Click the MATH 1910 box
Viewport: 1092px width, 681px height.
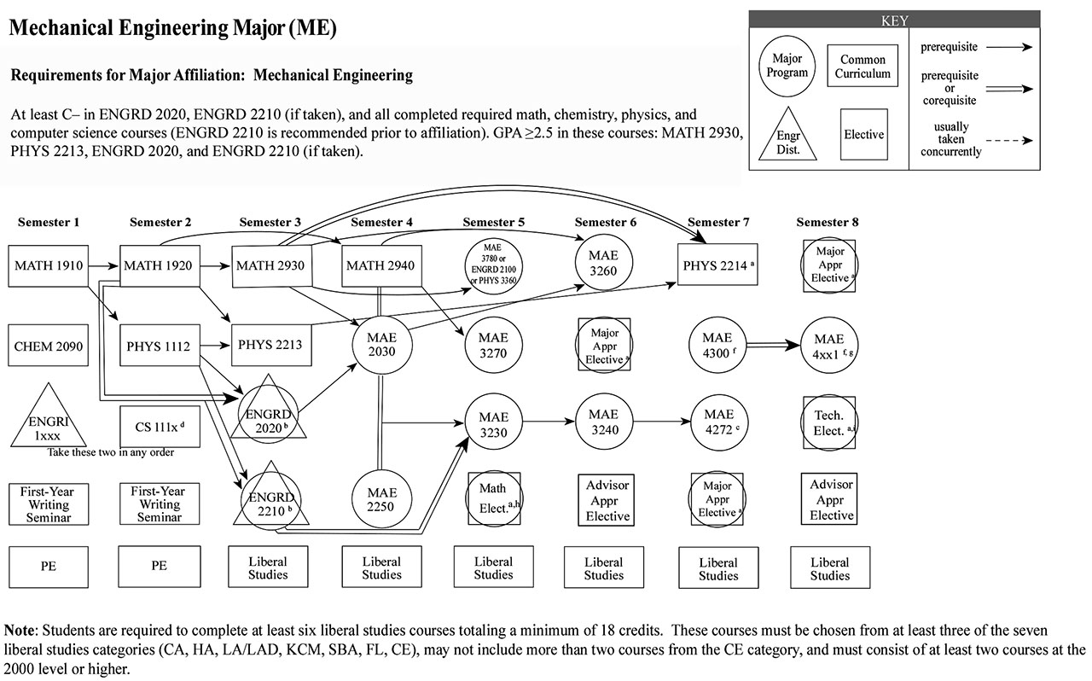tap(49, 265)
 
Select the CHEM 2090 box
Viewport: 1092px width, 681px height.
tap(49, 346)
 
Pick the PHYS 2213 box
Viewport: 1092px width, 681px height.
tap(269, 346)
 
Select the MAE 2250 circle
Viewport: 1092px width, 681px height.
tap(381, 499)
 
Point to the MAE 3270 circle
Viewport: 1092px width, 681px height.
tap(493, 346)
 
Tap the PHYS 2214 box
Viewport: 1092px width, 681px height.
tap(717, 265)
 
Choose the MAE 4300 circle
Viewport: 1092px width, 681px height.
tap(717, 345)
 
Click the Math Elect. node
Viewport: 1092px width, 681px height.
tap(494, 499)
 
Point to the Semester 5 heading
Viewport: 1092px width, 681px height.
tap(493, 223)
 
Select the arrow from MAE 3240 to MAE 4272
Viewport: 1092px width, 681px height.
tap(660, 422)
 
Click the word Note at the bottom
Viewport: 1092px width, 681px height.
tap(20, 630)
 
